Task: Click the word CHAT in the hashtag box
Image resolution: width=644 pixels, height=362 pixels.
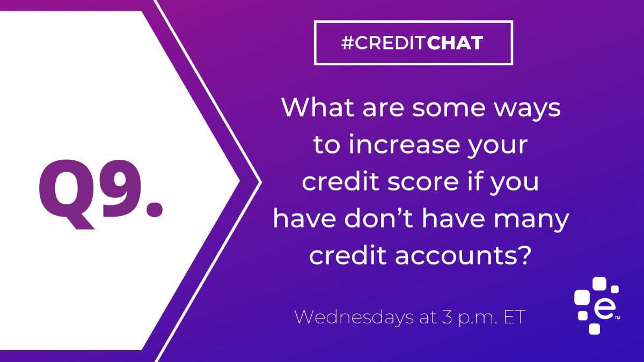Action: click(x=456, y=43)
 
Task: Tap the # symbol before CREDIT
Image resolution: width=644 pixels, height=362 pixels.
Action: click(x=346, y=43)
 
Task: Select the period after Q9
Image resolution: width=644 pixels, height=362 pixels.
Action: click(x=155, y=207)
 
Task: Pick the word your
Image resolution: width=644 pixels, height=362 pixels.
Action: click(x=503, y=147)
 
